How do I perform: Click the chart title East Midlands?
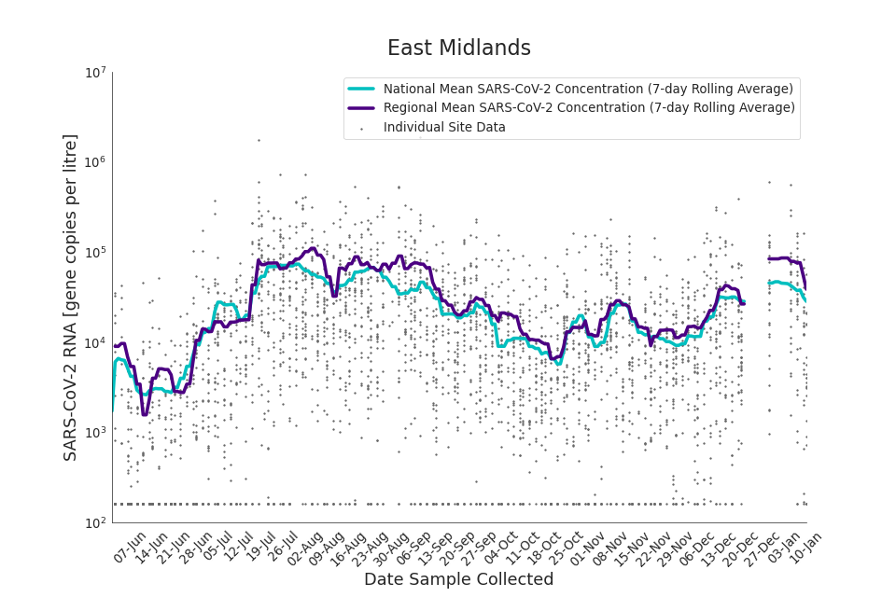pyautogui.click(x=458, y=49)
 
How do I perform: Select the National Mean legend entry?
pyautogui.click(x=588, y=90)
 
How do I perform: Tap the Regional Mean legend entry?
pyautogui.click(x=589, y=108)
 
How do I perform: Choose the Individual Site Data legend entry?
pyautogui.click(x=444, y=128)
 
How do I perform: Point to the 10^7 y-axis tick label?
pyautogui.click(x=95, y=73)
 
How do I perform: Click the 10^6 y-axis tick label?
pyautogui.click(x=95, y=162)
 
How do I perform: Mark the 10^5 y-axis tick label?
pyautogui.click(x=95, y=253)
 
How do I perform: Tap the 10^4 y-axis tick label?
pyautogui.click(x=95, y=343)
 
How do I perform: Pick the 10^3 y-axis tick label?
pyautogui.click(x=95, y=433)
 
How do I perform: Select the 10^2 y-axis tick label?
pyautogui.click(x=95, y=523)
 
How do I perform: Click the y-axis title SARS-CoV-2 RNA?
pyautogui.click(x=71, y=297)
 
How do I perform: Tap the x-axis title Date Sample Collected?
pyautogui.click(x=458, y=580)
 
